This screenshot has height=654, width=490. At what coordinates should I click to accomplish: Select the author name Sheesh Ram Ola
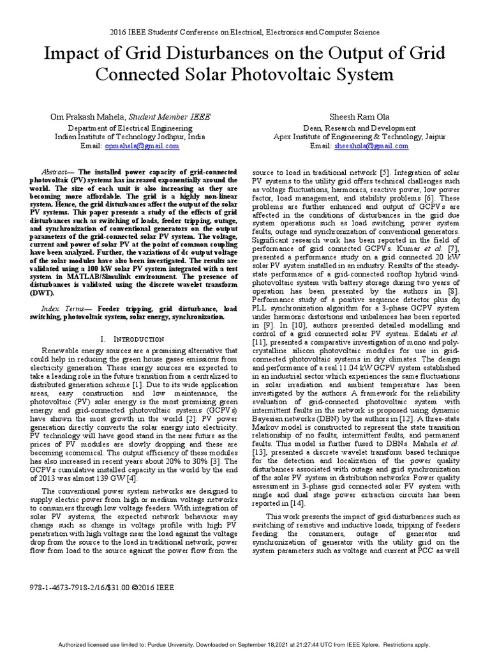tap(360, 118)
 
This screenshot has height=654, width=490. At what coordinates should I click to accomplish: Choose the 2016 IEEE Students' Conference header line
tap(244, 31)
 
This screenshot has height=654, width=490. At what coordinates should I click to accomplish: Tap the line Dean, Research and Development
tap(360, 128)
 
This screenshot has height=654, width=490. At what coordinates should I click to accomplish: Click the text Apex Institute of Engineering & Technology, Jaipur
tap(360, 137)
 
